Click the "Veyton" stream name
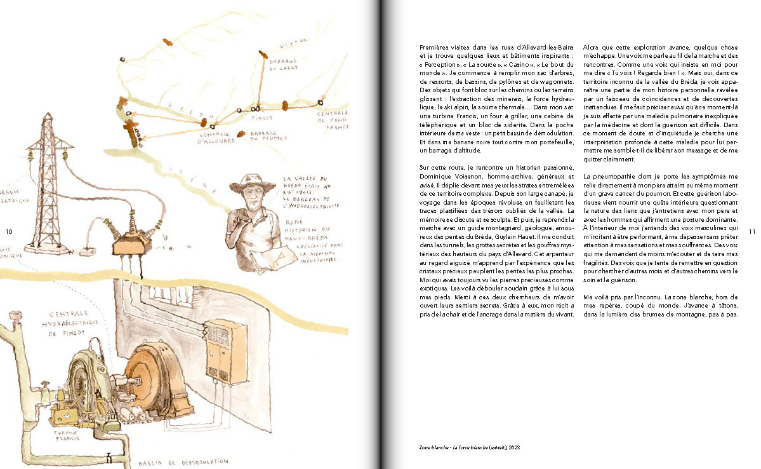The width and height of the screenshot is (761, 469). click(x=293, y=41)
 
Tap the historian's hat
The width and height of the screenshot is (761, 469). click(x=253, y=184)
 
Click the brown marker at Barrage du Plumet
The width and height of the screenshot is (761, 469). click(x=241, y=133)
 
